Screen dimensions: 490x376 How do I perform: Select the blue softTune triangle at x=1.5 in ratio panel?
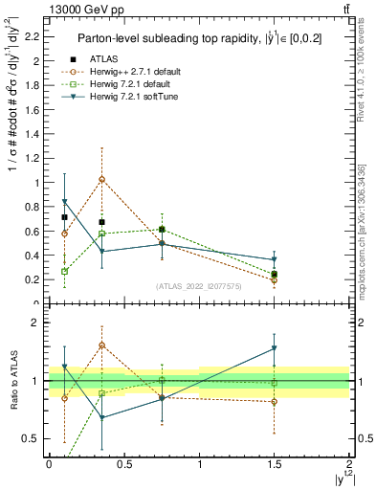275,349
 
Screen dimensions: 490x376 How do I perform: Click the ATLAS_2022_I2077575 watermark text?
199,285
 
